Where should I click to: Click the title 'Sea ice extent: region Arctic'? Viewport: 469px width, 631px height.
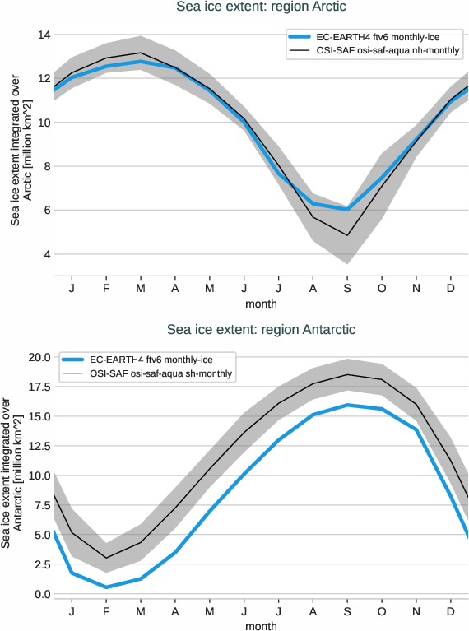click(261, 7)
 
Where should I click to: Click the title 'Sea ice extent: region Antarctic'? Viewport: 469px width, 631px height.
click(261, 330)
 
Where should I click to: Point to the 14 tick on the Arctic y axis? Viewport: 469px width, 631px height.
click(43, 35)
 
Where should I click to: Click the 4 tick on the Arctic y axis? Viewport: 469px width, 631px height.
click(46, 254)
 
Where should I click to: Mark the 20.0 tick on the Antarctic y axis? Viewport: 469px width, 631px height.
click(39, 357)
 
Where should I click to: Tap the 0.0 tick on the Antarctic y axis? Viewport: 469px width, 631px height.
click(41, 594)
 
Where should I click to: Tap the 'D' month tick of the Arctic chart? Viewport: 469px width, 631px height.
click(451, 289)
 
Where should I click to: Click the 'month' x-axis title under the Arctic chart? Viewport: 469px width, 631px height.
click(261, 304)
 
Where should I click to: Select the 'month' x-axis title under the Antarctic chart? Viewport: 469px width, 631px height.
click(261, 626)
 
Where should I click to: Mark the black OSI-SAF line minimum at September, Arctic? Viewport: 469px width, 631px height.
click(347, 235)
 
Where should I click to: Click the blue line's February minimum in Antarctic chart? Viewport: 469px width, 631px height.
click(106, 587)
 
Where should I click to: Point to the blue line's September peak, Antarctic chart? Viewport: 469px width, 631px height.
click(347, 405)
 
